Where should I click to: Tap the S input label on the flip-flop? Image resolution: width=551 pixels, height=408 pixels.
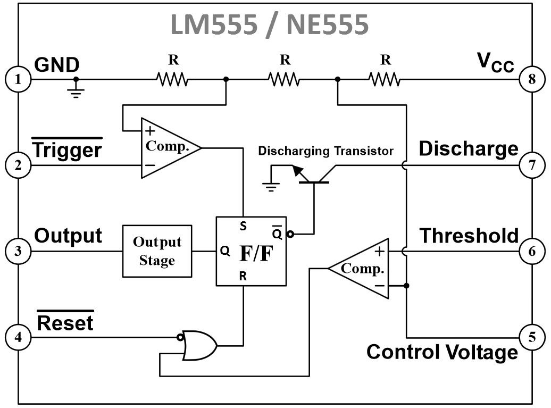pyautogui.click(x=243, y=226)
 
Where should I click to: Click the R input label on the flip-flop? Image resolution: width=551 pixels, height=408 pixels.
pyautogui.click(x=243, y=276)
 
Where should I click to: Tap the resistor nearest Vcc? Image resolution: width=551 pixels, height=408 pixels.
pyautogui.click(x=385, y=79)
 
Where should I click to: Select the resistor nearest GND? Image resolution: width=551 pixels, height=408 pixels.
pyautogui.click(x=172, y=79)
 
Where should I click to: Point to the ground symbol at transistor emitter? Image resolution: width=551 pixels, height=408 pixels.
pyautogui.click(x=271, y=187)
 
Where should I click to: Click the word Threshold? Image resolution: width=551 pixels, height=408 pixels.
pyautogui.click(x=469, y=236)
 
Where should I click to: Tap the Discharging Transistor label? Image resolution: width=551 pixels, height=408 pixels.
pyautogui.click(x=325, y=151)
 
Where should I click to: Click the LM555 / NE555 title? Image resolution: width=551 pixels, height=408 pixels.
pyautogui.click(x=270, y=24)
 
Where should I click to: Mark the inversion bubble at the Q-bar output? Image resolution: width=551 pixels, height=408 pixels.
pyautogui.click(x=290, y=234)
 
